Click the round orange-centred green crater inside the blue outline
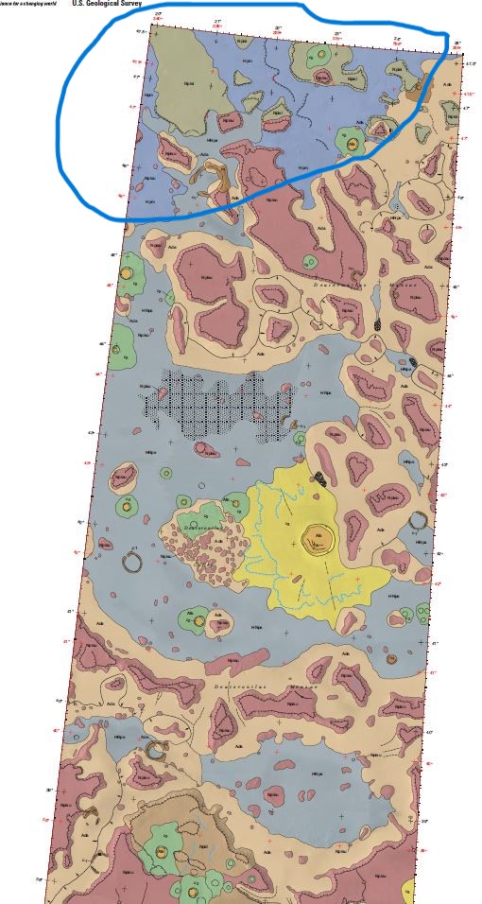point(352,144)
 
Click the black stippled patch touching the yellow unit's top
point(321,478)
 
